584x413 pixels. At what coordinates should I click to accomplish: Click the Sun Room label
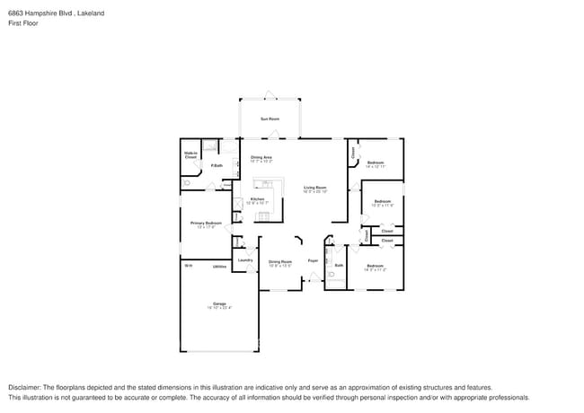point(270,119)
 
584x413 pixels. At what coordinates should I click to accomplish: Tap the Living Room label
point(314,187)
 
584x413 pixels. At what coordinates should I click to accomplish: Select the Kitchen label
point(258,198)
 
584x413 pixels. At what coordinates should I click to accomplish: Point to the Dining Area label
point(261,157)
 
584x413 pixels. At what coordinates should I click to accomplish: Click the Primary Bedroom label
point(206,223)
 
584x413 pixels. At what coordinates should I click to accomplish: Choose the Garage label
point(219,303)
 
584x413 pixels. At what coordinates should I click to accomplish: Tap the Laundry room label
point(243,260)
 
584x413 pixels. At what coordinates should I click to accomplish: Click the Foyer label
point(313,260)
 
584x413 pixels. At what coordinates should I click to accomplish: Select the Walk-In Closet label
point(190,155)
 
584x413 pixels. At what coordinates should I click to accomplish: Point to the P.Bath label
point(217,165)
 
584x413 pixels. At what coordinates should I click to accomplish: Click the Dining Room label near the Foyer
point(280,261)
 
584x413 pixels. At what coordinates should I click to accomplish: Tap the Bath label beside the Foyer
point(339,265)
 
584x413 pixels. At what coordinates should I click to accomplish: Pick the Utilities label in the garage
point(219,267)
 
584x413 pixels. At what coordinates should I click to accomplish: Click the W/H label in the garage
point(189,266)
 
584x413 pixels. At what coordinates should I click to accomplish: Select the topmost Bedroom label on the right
point(376,163)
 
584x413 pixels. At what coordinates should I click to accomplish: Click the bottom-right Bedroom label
point(375,266)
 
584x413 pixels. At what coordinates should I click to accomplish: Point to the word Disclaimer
point(26,386)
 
